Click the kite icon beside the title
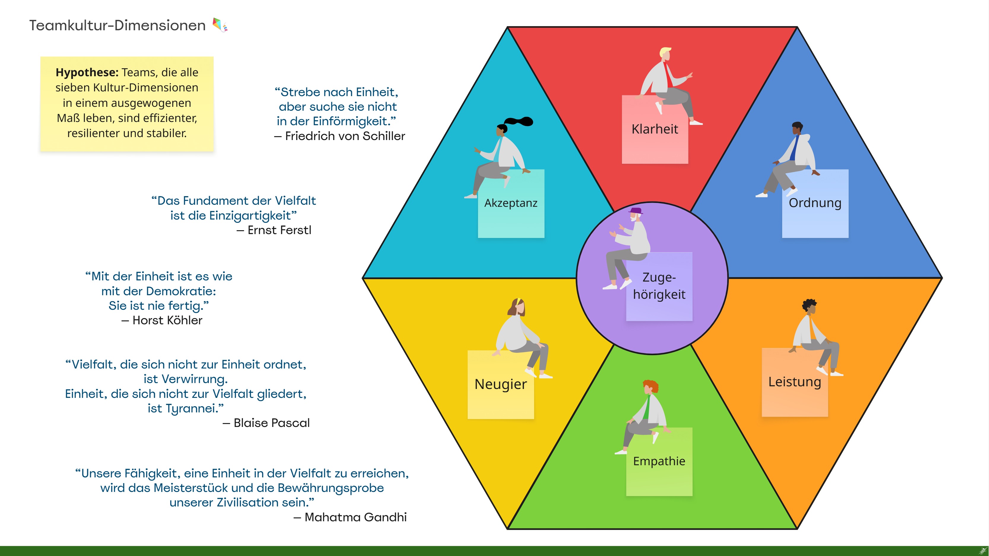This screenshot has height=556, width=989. point(220,25)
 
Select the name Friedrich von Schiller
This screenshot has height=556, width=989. point(345,136)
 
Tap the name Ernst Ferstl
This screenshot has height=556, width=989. point(279,230)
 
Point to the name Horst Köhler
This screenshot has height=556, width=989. point(167,320)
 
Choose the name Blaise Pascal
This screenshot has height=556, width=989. point(272,423)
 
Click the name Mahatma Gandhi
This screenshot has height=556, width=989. point(355,517)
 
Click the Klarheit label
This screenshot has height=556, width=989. point(655,129)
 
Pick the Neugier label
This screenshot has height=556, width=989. point(501,384)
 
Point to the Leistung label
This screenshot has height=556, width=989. point(794,382)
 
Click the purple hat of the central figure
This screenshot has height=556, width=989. point(635,211)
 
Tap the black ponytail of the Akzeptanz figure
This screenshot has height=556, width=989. point(519,121)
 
